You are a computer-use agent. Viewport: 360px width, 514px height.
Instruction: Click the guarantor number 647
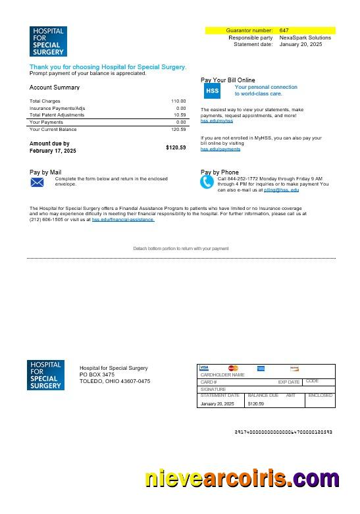[284, 30]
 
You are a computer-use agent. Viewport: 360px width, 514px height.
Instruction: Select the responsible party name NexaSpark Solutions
[305, 38]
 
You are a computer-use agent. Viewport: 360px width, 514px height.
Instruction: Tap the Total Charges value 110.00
[178, 101]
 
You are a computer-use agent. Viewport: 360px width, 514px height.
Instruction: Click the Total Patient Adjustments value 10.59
[180, 115]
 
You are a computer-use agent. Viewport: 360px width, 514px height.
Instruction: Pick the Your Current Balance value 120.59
[178, 129]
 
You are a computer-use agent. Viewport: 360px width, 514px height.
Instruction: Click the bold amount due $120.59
[176, 147]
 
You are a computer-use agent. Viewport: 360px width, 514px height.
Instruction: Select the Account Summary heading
[55, 88]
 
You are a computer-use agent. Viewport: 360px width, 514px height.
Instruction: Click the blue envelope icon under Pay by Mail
[38, 182]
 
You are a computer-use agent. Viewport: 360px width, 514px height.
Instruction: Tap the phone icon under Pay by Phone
[208, 182]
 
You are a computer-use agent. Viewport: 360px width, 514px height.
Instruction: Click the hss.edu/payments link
[220, 149]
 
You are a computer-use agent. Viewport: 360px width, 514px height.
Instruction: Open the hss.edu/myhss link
[217, 121]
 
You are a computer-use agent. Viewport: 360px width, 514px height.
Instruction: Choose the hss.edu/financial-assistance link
[123, 219]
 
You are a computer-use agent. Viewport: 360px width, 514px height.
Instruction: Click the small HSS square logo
[213, 91]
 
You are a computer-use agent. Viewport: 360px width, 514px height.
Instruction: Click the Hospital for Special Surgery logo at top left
[47, 41]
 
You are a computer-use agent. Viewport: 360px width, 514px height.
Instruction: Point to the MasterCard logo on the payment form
[233, 368]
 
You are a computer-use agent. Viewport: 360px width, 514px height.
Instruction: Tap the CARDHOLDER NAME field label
[222, 374]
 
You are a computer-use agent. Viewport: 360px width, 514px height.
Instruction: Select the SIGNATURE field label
[213, 389]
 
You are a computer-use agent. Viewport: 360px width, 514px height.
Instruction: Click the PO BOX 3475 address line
[97, 374]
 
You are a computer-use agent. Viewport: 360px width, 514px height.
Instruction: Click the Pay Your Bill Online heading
[228, 80]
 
